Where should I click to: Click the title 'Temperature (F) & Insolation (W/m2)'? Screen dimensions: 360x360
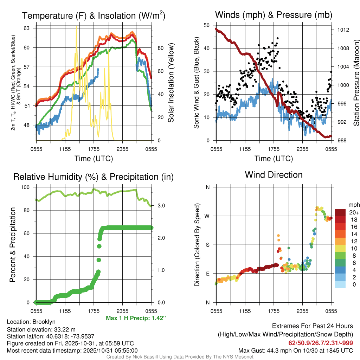pyautogui.click(x=94, y=15)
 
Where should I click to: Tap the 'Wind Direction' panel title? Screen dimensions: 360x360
pyautogui.click(x=274, y=175)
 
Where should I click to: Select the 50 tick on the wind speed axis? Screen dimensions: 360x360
pyautogui.click(x=207, y=25)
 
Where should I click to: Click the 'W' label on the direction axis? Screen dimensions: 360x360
pyautogui.click(x=208, y=216)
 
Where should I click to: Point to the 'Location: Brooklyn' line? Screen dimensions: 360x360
pyautogui.click(x=31, y=322)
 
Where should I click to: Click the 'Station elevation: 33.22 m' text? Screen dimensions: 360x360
pyautogui.click(x=41, y=329)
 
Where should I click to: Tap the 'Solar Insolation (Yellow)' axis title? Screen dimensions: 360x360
pyautogui.click(x=171, y=83)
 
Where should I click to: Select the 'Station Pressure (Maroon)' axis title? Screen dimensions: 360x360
pyautogui.click(x=356, y=83)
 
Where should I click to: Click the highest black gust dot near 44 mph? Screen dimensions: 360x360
pyautogui.click(x=277, y=38)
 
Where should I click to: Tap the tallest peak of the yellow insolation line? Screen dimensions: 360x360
pyautogui.click(x=76, y=27)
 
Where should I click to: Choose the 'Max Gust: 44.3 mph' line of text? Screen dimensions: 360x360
pyautogui.click(x=295, y=350)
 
